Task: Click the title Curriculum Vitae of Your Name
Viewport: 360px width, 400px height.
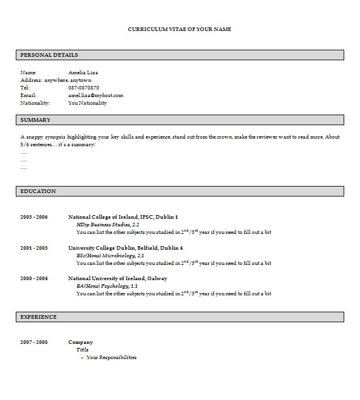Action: [179, 29]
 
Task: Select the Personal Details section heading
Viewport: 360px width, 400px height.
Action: [49, 54]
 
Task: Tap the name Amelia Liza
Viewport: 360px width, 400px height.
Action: [82, 73]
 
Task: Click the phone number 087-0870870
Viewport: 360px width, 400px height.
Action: [84, 88]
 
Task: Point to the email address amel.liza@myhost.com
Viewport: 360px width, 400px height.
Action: [96, 95]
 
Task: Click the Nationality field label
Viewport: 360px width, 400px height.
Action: [35, 103]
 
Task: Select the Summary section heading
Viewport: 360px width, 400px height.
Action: [35, 120]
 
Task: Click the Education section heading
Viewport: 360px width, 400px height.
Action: [38, 191]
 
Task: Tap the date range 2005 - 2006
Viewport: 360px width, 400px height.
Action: [34, 217]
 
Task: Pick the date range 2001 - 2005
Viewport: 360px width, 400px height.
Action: [34, 248]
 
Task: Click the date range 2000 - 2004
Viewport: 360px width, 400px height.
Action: [34, 278]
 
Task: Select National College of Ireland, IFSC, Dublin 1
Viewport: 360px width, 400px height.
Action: [123, 217]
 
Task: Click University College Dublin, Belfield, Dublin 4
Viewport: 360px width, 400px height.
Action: [125, 248]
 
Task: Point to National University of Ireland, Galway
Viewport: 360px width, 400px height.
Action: [117, 278]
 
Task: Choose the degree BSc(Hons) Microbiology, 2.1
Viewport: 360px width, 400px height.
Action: [110, 256]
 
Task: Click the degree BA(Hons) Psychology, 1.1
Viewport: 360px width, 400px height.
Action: [107, 286]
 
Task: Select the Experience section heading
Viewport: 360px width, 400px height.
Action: [39, 317]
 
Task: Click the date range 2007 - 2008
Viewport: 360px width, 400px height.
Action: [34, 342]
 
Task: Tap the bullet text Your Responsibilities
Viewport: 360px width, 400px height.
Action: [111, 357]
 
